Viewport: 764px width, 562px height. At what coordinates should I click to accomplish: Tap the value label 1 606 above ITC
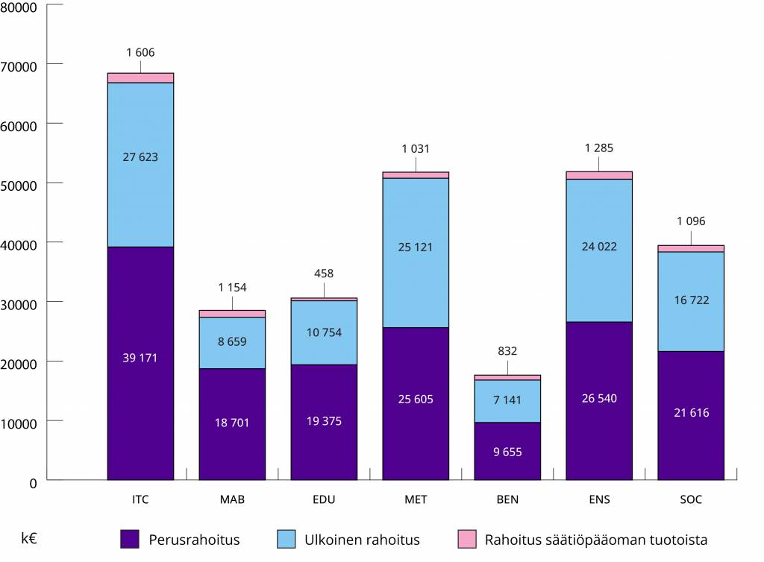tap(140, 52)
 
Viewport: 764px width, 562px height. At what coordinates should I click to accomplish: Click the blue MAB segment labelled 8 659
tap(232, 342)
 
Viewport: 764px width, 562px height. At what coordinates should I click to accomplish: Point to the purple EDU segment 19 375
tap(324, 422)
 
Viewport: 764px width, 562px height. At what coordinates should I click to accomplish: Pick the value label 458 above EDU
tap(324, 274)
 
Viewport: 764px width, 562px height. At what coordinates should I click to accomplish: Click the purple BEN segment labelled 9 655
tap(507, 451)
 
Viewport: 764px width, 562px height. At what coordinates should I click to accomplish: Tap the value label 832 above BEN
tap(507, 351)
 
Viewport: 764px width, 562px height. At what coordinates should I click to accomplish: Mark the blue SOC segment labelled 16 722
tap(691, 301)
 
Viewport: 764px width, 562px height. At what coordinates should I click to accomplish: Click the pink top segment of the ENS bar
tap(599, 175)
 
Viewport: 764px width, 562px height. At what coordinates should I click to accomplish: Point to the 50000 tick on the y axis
tap(22, 185)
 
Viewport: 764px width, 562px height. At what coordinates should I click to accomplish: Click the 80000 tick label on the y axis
tap(22, 7)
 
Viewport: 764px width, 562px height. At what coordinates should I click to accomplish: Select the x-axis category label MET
tap(416, 499)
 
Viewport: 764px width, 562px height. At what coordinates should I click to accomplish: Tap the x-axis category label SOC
tap(691, 499)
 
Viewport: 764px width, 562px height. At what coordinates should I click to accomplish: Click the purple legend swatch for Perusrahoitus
tap(130, 539)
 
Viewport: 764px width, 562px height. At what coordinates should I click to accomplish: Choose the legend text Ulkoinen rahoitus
tap(362, 540)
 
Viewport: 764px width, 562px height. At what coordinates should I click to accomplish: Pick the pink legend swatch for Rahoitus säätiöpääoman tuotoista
tap(466, 539)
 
